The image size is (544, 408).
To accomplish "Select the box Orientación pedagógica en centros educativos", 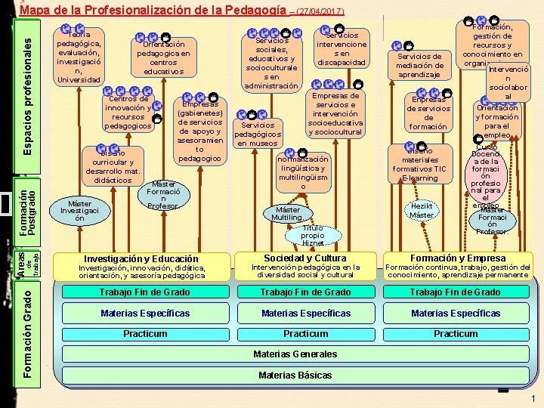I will tap(163, 57).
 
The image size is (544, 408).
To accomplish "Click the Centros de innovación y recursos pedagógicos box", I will tap(128, 112).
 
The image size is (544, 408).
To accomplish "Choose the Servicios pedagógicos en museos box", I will tap(259, 134).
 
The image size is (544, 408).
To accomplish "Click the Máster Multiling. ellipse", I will tap(289, 213).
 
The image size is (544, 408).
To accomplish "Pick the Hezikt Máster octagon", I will tap(422, 210).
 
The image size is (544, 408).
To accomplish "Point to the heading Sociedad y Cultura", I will tap(305, 258).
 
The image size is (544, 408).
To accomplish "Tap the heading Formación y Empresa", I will tap(458, 258).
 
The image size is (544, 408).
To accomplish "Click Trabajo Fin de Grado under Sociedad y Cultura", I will tap(304, 292).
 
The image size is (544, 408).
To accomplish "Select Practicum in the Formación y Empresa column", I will tap(455, 334).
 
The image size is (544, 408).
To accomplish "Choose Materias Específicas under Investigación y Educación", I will tap(145, 314).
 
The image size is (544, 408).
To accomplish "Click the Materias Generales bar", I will tap(295, 354).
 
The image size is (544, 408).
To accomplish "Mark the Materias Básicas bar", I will tap(295, 376).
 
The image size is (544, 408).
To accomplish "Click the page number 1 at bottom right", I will tap(533, 399).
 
